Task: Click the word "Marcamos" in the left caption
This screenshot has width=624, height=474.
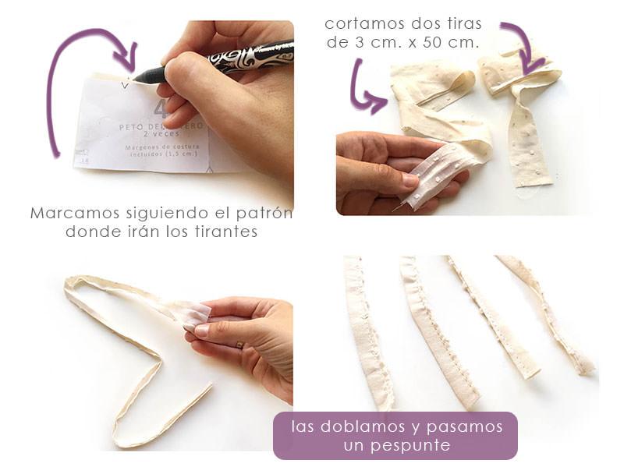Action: click(68, 213)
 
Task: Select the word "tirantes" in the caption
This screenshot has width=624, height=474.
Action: click(229, 232)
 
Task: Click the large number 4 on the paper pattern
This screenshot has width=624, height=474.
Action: click(161, 110)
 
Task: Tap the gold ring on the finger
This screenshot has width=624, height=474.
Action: click(239, 343)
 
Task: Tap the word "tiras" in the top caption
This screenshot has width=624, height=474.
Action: click(440, 24)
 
